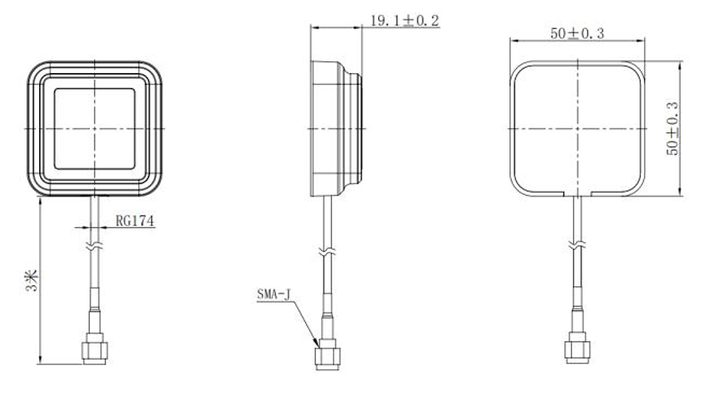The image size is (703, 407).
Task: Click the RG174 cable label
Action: coord(134,220)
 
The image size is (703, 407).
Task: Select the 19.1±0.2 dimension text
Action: coord(404,21)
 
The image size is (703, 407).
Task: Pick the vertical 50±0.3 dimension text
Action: coord(673,128)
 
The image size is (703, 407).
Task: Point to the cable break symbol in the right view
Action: coord(577,244)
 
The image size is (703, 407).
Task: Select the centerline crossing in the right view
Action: coord(577,128)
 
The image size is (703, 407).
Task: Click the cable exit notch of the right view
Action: coord(577,194)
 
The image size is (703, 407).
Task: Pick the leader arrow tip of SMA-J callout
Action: coord(319,346)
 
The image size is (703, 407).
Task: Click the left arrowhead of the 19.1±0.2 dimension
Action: coord(313,28)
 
